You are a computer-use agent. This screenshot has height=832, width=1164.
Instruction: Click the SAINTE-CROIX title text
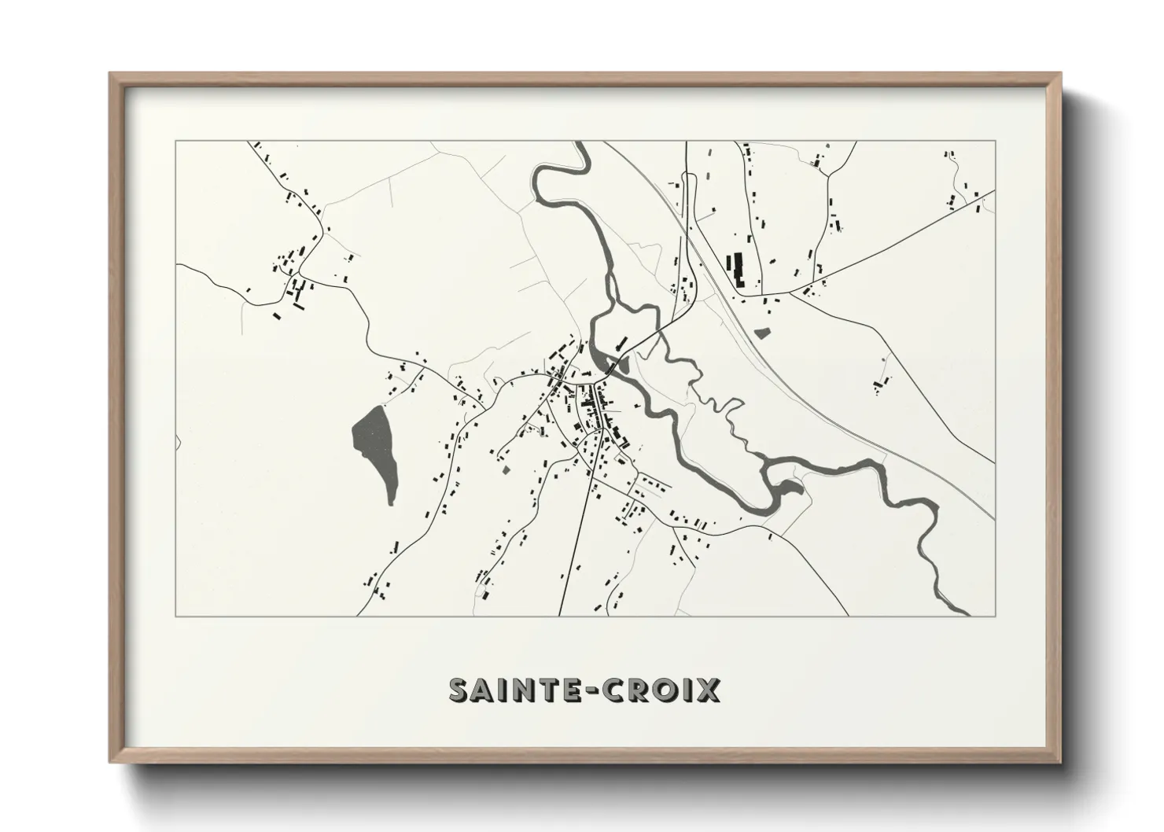click(584, 690)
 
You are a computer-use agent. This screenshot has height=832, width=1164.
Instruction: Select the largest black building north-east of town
click(738, 269)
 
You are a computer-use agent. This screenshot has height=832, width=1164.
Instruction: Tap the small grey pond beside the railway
click(761, 332)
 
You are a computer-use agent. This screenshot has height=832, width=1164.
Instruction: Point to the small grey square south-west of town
click(506, 469)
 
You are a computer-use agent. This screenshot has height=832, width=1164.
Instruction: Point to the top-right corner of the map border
click(996, 142)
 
